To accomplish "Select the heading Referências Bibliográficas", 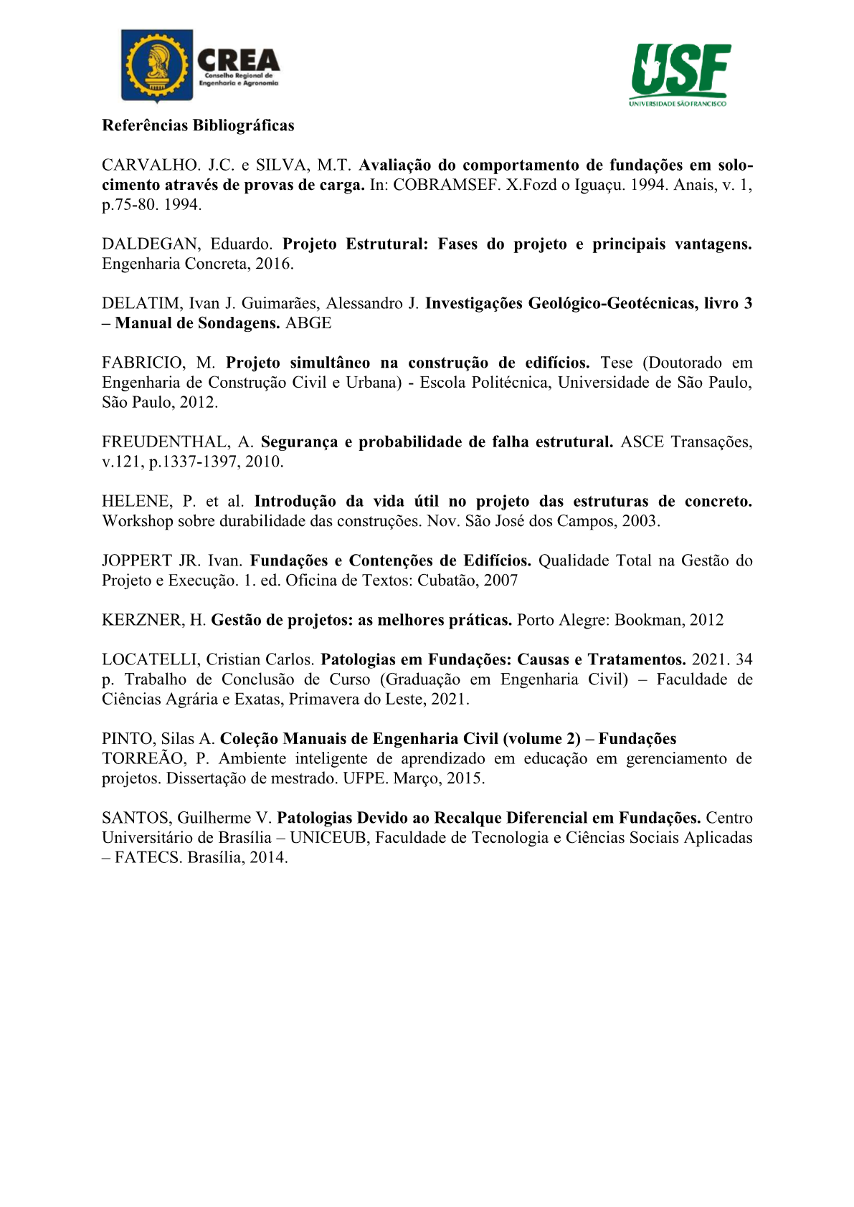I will [198, 125].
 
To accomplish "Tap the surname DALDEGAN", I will [151, 244].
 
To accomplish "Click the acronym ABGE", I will [308, 323].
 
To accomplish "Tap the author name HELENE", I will [136, 502].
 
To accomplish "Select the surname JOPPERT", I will [137, 561].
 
